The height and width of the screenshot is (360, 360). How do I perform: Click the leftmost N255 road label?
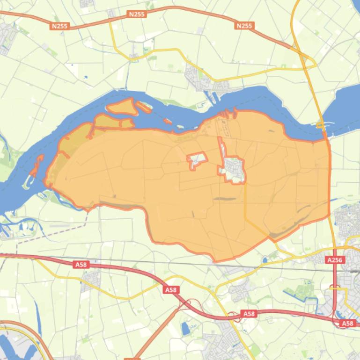[59, 26]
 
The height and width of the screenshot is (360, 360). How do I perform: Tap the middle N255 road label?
[137, 14]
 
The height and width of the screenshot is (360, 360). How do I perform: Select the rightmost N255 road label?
[244, 26]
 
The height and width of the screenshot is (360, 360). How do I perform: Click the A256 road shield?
[335, 260]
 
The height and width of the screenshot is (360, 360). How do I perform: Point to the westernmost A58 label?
[81, 265]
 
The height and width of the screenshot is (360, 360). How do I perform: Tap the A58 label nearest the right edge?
[347, 323]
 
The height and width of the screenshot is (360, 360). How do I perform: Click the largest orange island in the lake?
[122, 107]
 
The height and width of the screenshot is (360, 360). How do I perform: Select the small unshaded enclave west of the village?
[197, 160]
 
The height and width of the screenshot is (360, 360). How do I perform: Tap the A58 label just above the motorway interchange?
[171, 290]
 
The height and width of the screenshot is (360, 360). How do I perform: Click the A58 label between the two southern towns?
[249, 314]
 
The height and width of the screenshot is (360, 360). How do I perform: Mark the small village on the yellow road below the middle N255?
[134, 57]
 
